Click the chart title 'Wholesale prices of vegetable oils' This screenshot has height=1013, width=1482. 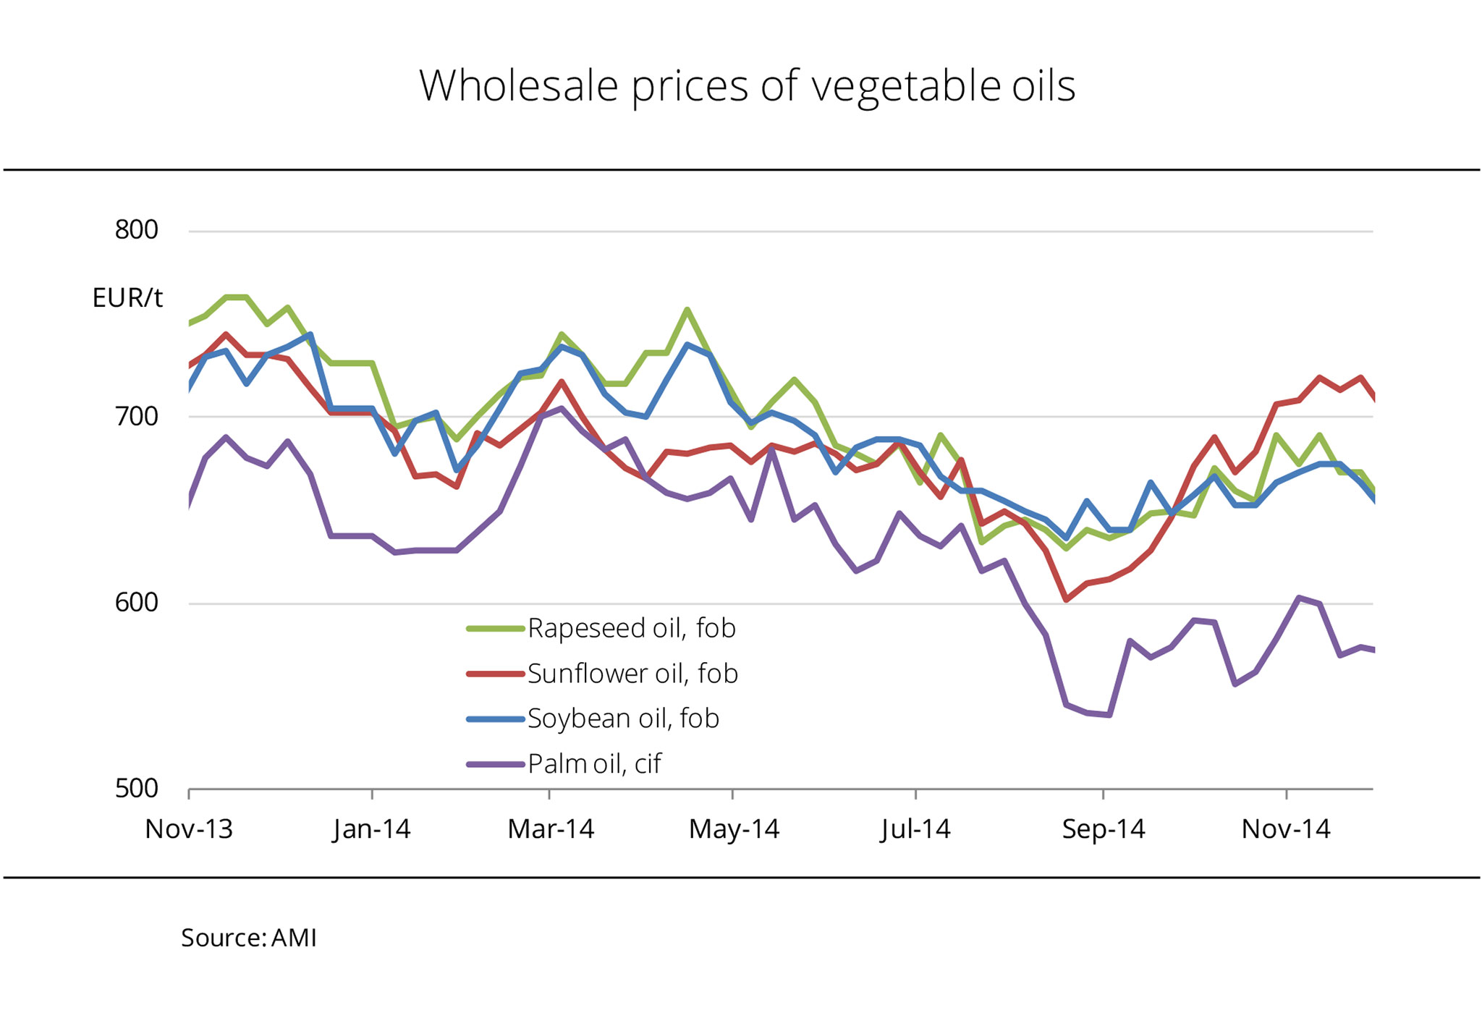point(747,85)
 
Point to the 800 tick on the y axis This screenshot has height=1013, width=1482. point(136,230)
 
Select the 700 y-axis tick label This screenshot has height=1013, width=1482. point(136,417)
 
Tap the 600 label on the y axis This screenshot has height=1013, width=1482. point(136,603)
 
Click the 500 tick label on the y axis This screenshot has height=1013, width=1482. point(136,789)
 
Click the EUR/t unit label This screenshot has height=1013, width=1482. point(127,298)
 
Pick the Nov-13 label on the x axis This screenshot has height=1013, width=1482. point(189,829)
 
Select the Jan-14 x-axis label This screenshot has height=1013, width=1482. point(372,829)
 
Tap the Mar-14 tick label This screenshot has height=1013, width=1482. point(551,829)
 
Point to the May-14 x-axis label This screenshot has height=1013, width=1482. point(734,829)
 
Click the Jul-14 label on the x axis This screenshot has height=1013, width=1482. point(915,829)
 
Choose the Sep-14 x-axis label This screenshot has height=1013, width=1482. point(1104,829)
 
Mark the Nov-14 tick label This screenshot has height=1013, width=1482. point(1286,829)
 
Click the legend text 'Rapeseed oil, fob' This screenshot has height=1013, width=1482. point(631,628)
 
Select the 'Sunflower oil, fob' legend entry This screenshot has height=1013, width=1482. point(632,674)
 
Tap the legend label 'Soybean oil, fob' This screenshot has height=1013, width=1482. point(623,719)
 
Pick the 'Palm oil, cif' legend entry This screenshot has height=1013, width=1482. point(594,764)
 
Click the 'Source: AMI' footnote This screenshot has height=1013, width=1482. point(249,938)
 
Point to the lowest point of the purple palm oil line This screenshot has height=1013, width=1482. point(1109,715)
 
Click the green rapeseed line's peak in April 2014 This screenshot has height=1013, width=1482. point(687,310)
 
